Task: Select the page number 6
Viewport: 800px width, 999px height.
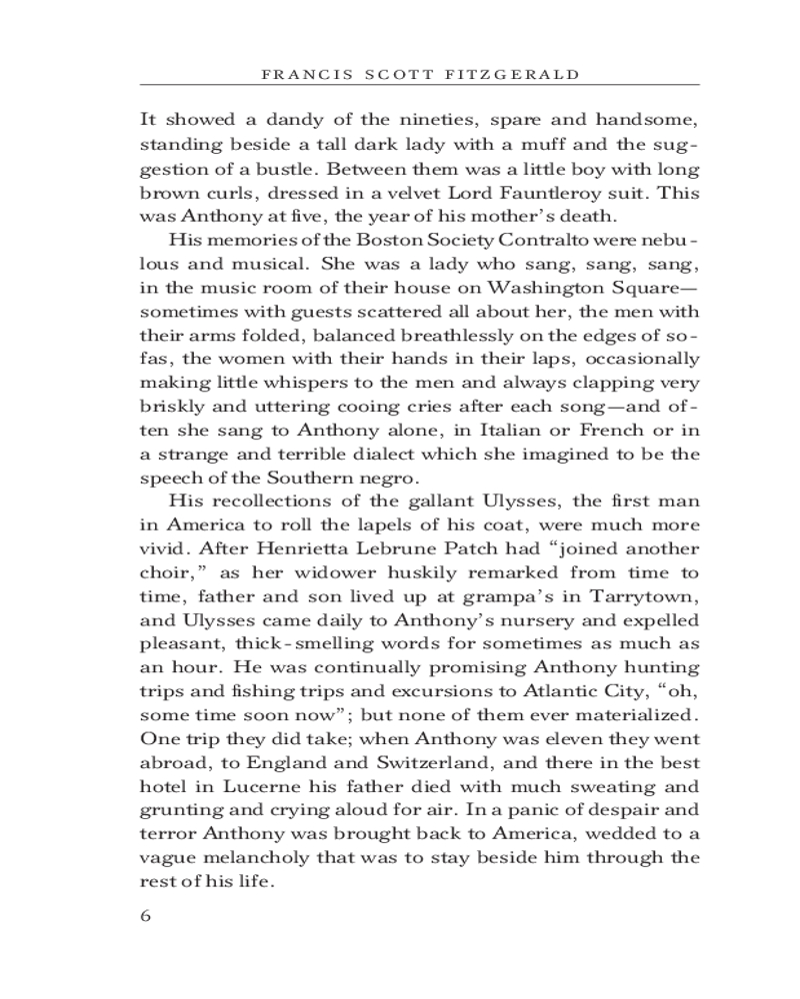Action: pos(147,917)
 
